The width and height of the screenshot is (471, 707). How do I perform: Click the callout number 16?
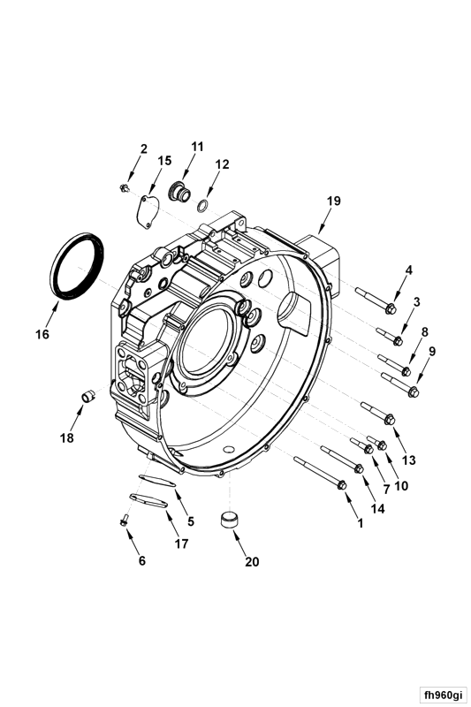tap(42, 335)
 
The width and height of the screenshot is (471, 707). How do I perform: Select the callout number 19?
tap(333, 201)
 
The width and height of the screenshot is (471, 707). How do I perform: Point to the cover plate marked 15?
tap(148, 209)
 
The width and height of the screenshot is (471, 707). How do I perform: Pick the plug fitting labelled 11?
tap(179, 193)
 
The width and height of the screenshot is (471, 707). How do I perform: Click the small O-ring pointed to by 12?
tap(203, 207)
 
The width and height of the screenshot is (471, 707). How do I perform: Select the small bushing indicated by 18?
tap(88, 397)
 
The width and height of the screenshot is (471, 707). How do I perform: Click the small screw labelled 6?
tap(124, 521)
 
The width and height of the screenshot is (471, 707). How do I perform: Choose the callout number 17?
tap(181, 544)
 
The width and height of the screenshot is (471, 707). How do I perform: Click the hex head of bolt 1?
tap(342, 485)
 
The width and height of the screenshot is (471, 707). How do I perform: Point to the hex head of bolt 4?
tap(391, 308)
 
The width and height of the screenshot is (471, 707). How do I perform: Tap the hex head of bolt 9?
tap(413, 392)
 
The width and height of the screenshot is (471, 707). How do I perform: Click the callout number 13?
tap(408, 460)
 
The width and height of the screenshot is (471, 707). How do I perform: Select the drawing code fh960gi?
tap(443, 695)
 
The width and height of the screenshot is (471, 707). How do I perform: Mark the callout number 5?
tap(191, 521)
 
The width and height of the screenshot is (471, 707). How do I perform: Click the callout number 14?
tap(377, 509)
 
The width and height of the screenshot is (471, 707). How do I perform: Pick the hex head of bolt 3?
tap(398, 341)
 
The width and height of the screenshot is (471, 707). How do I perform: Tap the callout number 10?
tap(400, 485)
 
